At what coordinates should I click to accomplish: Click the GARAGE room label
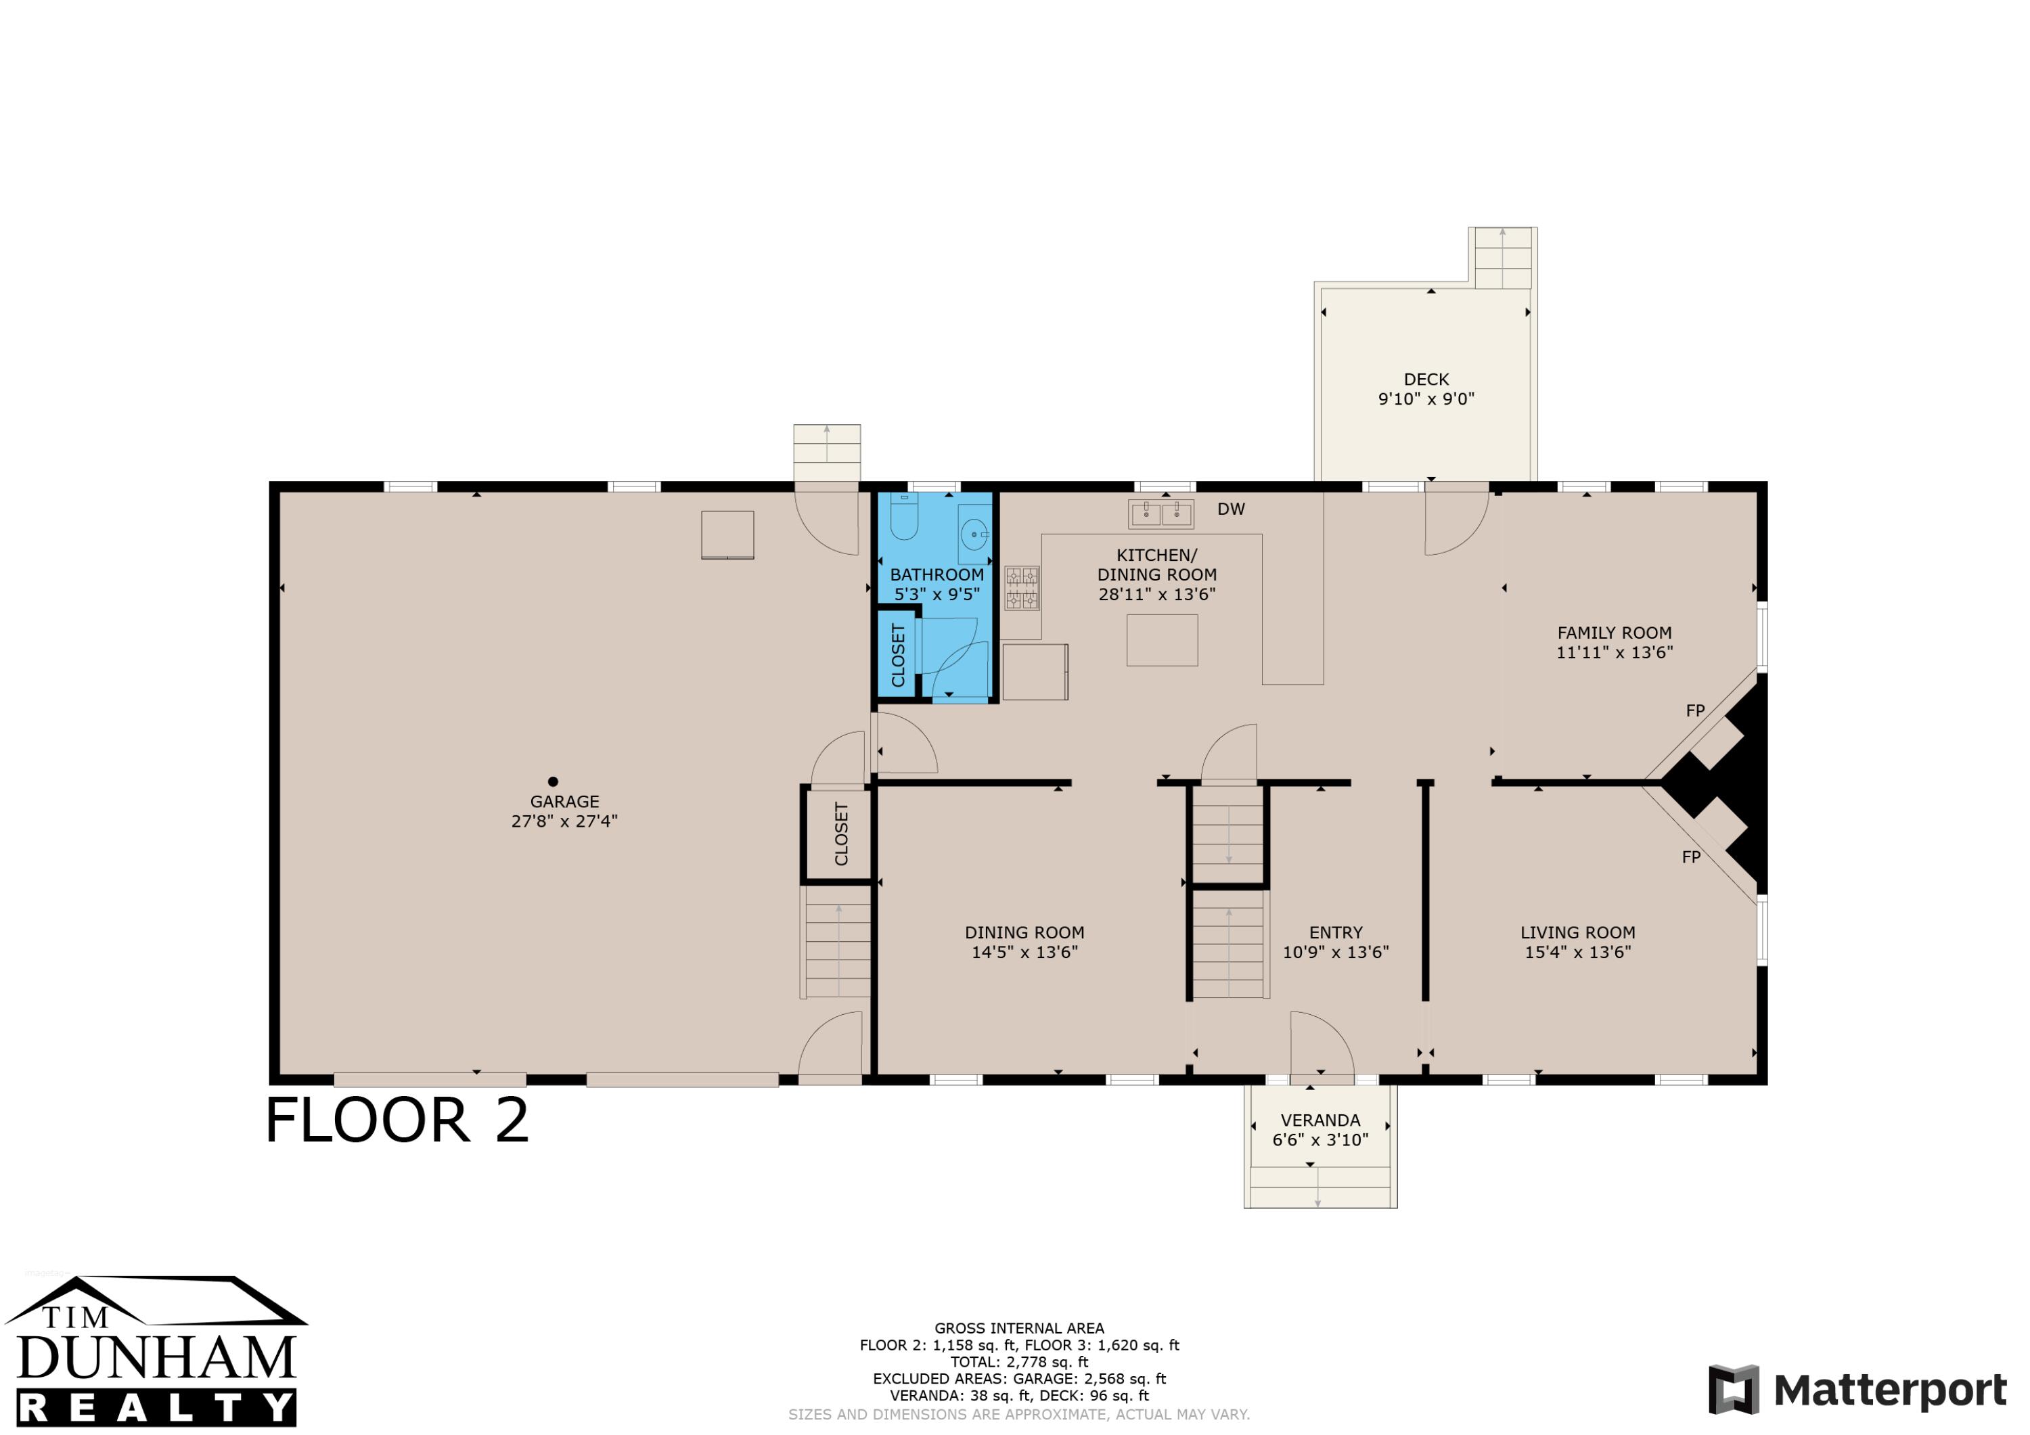click(x=564, y=802)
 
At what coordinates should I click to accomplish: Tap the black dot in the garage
click(x=553, y=781)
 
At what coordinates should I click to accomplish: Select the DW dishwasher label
click(x=1231, y=509)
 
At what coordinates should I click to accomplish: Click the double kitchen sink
click(x=1161, y=514)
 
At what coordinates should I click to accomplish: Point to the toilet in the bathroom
click(x=903, y=516)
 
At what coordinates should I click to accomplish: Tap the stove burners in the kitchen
click(x=1022, y=589)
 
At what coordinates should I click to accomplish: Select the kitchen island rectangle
click(x=1162, y=640)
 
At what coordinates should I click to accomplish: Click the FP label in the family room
click(x=1695, y=711)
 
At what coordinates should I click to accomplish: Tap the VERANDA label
click(x=1320, y=1120)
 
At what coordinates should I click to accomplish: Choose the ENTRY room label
click(x=1336, y=933)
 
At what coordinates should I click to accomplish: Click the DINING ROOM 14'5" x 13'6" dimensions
click(x=1024, y=952)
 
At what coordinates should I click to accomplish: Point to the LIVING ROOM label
click(x=1577, y=933)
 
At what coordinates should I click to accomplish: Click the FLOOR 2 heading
click(x=397, y=1120)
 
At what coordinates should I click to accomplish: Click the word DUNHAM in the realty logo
click(x=156, y=1357)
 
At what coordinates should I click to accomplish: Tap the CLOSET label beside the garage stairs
click(x=841, y=834)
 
